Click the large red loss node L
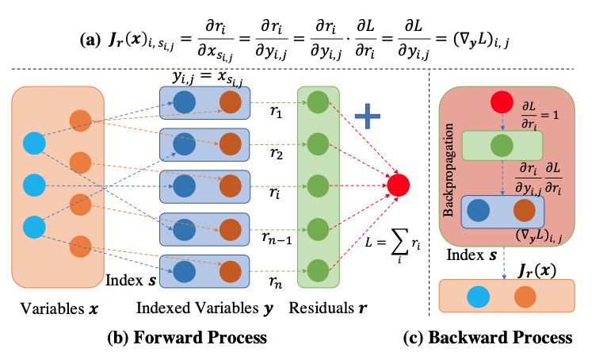tap(399, 186)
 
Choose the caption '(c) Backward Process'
tap(500, 338)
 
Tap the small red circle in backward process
tap(500, 102)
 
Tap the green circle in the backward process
tap(500, 145)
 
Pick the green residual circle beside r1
tap(317, 101)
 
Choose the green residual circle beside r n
tap(317, 270)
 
